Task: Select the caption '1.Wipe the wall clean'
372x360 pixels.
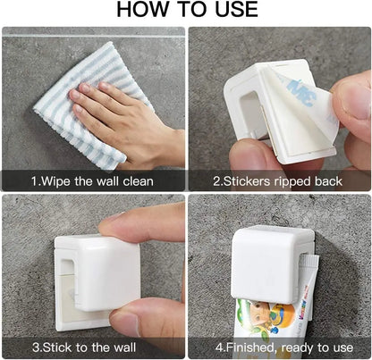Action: click(93, 181)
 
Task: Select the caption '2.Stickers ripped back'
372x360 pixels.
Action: click(279, 181)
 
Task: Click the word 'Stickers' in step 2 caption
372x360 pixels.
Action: click(253, 181)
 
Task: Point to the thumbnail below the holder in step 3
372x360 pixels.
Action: click(125, 319)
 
